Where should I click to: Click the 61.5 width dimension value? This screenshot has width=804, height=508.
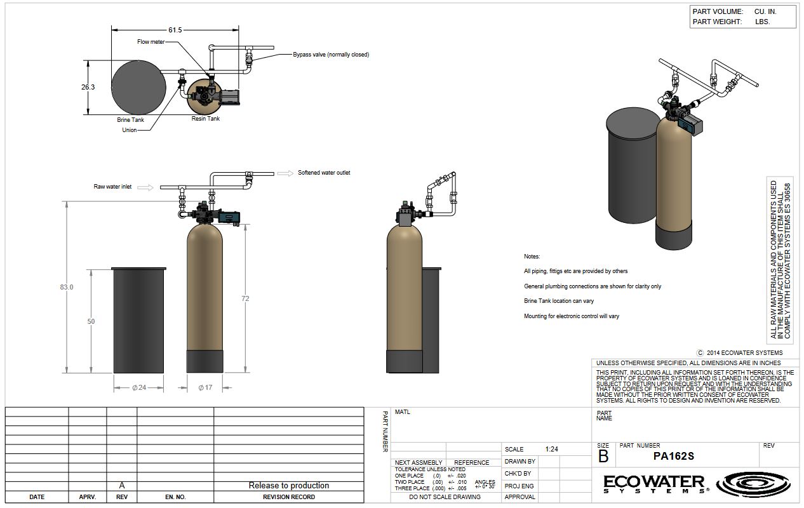click(x=175, y=30)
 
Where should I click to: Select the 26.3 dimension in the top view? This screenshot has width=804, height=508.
click(x=88, y=87)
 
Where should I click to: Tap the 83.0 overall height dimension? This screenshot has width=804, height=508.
click(x=67, y=287)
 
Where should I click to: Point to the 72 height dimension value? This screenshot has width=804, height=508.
click(x=245, y=298)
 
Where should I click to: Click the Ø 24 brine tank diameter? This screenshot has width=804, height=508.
click(x=139, y=387)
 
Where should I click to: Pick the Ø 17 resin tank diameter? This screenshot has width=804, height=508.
click(x=205, y=387)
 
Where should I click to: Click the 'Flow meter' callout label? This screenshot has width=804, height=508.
click(x=151, y=42)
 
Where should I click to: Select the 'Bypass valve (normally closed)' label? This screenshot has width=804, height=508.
click(x=330, y=55)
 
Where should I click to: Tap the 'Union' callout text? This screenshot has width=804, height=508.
click(x=130, y=130)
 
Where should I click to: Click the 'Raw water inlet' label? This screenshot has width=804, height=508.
click(x=113, y=187)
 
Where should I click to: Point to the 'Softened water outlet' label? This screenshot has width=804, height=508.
click(x=324, y=173)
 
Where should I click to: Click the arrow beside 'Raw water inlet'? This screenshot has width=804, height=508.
click(x=145, y=187)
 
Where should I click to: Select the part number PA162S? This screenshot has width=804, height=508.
click(x=674, y=456)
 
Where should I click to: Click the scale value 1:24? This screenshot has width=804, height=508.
click(x=551, y=449)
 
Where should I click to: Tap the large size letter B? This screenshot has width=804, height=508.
click(x=603, y=456)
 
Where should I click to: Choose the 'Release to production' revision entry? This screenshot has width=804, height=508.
click(x=289, y=486)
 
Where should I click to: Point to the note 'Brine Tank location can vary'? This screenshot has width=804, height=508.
click(x=559, y=301)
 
